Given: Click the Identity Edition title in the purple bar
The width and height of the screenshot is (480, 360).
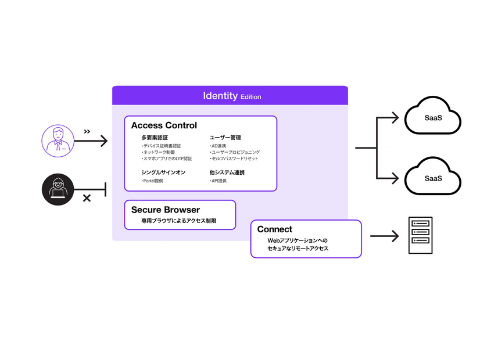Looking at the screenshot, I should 231,96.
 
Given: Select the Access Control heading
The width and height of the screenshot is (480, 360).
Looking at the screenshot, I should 164,125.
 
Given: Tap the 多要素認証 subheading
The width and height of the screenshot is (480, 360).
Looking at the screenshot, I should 155,138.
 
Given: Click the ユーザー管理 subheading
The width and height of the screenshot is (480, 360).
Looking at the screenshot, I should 225,138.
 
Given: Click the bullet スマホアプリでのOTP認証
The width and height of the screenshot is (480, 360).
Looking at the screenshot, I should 166,159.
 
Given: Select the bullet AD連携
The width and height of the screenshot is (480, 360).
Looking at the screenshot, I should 218,146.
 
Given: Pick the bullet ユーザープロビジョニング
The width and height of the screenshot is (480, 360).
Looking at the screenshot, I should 234,152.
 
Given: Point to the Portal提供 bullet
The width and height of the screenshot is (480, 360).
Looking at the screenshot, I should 152,181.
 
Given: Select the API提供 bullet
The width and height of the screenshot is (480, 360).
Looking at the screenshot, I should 218,181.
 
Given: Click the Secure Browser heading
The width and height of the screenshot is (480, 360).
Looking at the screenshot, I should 165,210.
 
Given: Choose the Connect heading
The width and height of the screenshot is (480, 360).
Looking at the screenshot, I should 275,229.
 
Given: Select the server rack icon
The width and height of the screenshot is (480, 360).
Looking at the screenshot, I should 420,235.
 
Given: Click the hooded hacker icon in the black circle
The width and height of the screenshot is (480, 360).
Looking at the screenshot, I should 58,189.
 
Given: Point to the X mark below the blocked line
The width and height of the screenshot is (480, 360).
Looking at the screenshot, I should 87,199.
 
